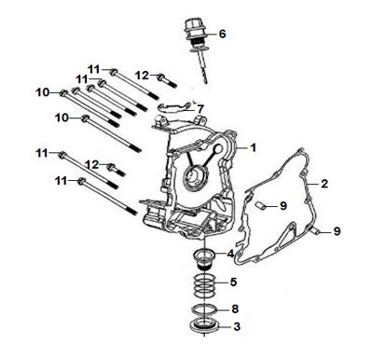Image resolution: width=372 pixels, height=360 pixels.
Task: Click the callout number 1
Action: pyautogui.click(x=254, y=148)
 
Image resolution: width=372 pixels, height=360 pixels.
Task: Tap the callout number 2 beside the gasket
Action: pyautogui.click(x=324, y=184)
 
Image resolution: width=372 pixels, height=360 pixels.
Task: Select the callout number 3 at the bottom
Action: pyautogui.click(x=237, y=326)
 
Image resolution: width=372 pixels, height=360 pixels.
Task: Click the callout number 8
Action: pyautogui.click(x=235, y=309)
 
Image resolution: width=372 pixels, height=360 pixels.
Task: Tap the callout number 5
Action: pyautogui.click(x=233, y=283)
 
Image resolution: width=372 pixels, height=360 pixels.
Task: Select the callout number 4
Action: pyautogui.click(x=230, y=254)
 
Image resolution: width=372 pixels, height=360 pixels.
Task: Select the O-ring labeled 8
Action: pyautogui.click(x=204, y=309)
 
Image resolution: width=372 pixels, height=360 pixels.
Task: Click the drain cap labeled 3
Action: pyautogui.click(x=204, y=326)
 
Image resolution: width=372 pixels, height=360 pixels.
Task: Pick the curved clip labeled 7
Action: pyautogui.click(x=174, y=107)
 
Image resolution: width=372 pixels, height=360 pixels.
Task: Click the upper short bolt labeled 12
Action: pyautogui.click(x=167, y=80)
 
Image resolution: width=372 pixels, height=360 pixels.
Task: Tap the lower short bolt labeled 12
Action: pyautogui.click(x=116, y=170)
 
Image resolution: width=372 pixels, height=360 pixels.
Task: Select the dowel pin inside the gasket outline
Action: pyautogui.click(x=260, y=205)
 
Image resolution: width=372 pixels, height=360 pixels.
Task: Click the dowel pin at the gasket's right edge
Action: pyautogui.click(x=316, y=230)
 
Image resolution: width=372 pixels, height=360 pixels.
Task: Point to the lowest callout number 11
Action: pyautogui.click(x=62, y=181)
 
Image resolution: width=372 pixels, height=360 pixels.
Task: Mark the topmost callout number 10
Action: pyautogui.click(x=43, y=92)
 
